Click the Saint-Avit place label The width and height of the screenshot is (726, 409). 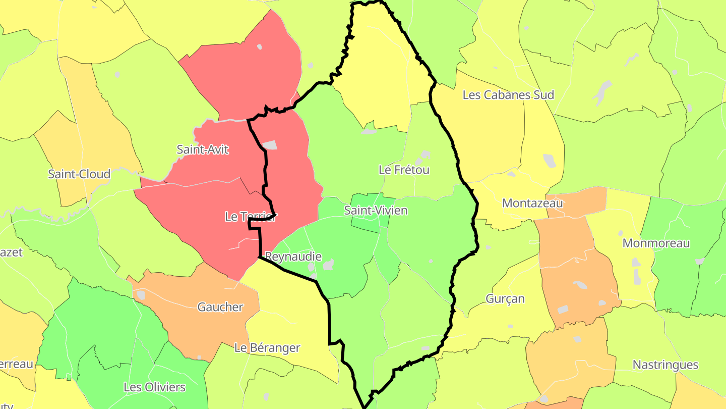click(x=203, y=149)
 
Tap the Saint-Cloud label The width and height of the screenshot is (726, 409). click(x=79, y=174)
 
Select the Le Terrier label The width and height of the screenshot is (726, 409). click(x=251, y=217)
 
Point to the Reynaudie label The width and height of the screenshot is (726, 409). click(x=293, y=257)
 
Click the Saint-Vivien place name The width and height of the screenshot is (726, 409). click(x=376, y=211)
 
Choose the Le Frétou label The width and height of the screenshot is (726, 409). click(x=404, y=170)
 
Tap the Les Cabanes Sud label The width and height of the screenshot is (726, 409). click(x=508, y=95)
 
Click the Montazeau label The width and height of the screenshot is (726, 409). click(x=532, y=203)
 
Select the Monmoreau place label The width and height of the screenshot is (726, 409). click(x=656, y=243)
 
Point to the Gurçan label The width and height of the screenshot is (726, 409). click(x=505, y=299)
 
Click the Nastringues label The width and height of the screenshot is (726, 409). click(x=665, y=365)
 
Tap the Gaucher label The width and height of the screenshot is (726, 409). click(x=220, y=307)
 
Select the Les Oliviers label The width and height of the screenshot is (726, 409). click(x=154, y=388)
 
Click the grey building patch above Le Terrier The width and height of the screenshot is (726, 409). click(x=270, y=145)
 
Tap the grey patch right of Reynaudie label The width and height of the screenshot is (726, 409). click(x=329, y=264)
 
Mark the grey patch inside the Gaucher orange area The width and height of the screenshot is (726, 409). click(x=141, y=294)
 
